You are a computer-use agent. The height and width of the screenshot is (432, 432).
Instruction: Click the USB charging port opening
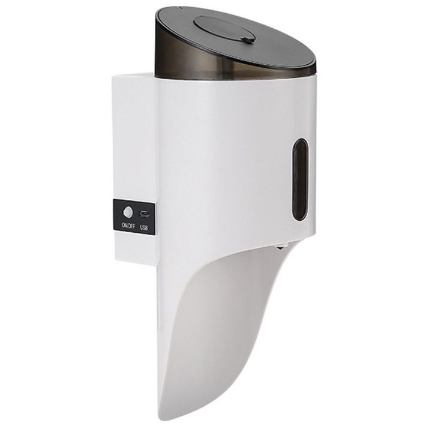tap(144, 213)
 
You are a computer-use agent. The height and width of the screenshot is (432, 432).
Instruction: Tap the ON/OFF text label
tap(128, 226)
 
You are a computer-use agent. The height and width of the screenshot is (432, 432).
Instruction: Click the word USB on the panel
tap(144, 227)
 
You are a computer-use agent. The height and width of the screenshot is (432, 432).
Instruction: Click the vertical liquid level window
tap(300, 179)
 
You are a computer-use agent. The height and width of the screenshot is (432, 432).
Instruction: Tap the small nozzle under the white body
tap(281, 247)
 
